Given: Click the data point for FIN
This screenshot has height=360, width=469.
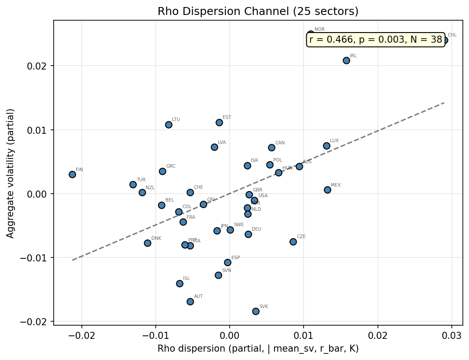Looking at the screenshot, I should click(72, 174).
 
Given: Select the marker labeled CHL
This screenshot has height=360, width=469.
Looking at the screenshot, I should click(444, 40).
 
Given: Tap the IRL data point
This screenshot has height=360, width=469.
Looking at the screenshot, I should click(346, 60).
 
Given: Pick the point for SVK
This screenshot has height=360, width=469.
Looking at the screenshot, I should click(256, 311).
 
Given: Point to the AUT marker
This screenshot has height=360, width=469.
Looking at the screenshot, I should click(190, 301).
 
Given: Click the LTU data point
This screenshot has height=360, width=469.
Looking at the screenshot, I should click(169, 125).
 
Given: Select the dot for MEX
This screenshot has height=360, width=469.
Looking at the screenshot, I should click(327, 190).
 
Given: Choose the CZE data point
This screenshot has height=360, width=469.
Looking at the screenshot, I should click(293, 242).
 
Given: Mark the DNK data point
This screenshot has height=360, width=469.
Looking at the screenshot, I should click(147, 243).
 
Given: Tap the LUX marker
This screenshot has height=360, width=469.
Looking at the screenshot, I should click(326, 146).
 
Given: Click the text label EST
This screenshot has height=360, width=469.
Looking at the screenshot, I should click(227, 118).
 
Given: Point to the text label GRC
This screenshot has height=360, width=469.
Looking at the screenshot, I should click(171, 166).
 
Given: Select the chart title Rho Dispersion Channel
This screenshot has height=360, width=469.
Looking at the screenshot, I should click(258, 12).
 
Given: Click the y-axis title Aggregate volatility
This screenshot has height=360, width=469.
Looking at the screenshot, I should click(11, 173).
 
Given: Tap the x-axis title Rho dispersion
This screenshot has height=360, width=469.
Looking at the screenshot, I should click(258, 349).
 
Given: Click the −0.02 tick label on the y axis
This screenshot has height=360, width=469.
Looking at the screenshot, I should click(37, 322).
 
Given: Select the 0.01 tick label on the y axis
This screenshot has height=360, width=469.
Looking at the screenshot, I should click(40, 130).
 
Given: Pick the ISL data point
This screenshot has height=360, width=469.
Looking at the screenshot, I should click(180, 283).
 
